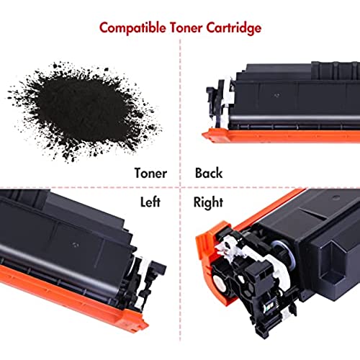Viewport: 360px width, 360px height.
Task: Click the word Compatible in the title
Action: pos(132,28)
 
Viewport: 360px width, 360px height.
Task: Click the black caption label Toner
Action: pos(150,174)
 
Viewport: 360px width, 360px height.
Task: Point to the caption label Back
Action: pos(209,173)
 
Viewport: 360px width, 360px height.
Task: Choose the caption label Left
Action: pos(150,202)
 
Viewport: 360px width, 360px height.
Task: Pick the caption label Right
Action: pos(208,202)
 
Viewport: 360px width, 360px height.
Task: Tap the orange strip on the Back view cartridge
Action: pos(281,136)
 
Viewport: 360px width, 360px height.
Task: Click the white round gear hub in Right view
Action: pos(219,282)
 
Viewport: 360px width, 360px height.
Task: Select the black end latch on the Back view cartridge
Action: pos(212,103)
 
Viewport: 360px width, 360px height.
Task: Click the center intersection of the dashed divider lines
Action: pos(180,187)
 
